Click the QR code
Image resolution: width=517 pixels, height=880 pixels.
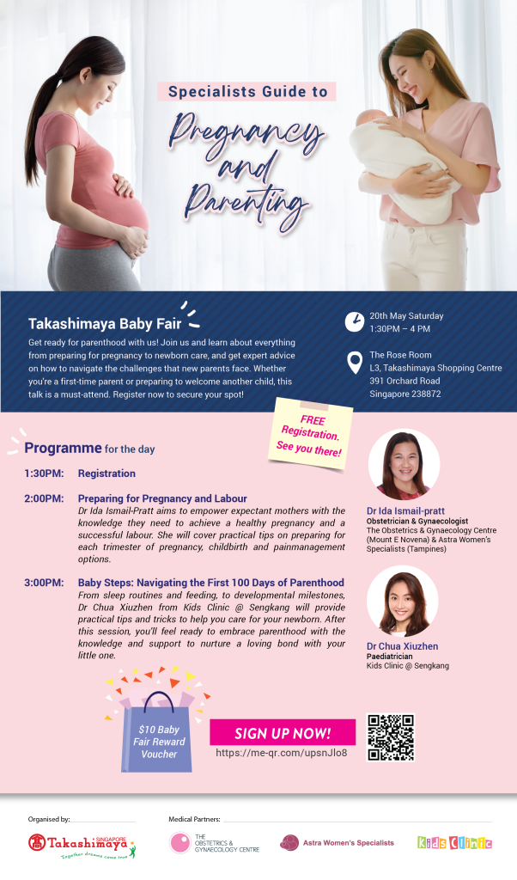coord(390,736)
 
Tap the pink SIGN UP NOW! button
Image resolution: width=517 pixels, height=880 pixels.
coord(283,732)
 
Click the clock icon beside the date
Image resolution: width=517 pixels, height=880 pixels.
coord(355,321)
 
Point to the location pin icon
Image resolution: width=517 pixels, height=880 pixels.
coord(355,363)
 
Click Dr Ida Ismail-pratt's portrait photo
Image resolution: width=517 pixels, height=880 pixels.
coord(403,464)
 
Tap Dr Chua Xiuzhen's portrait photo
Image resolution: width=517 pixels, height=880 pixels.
coord(402,601)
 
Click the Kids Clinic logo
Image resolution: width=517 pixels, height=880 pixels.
coord(455,842)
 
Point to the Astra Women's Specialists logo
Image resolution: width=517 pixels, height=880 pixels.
coord(337,842)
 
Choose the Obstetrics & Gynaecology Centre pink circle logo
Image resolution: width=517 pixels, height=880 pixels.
coord(180,843)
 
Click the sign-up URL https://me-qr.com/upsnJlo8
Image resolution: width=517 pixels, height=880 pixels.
coord(282,753)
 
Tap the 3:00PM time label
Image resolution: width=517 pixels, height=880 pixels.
coord(44,583)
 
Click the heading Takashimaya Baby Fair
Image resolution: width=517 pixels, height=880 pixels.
coord(105,324)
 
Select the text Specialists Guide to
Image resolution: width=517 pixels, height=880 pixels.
coord(247,91)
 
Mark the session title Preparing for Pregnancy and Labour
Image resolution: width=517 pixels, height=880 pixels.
coord(162,498)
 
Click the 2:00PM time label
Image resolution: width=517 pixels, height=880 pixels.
coord(44,498)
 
